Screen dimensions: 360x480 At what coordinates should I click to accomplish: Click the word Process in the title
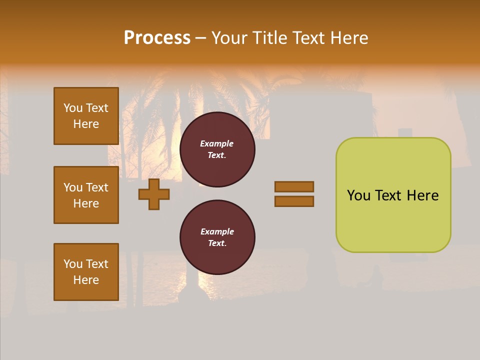tap(157, 38)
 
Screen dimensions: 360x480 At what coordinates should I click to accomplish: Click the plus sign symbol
tap(154, 194)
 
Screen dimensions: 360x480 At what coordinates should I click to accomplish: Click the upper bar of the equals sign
tap(294, 186)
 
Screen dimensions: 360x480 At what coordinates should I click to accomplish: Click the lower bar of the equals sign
tap(294, 201)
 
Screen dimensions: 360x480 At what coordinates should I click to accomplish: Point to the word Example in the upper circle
tap(217, 143)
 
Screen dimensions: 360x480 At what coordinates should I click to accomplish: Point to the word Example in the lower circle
tap(217, 231)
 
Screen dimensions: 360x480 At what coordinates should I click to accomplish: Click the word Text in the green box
tap(388, 195)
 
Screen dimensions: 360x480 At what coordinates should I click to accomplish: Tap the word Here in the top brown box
tap(86, 124)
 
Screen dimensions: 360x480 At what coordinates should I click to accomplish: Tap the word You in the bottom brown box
tap(73, 264)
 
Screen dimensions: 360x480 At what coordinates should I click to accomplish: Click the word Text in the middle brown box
tap(97, 187)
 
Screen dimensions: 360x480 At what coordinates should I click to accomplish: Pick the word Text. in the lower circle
tap(217, 243)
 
